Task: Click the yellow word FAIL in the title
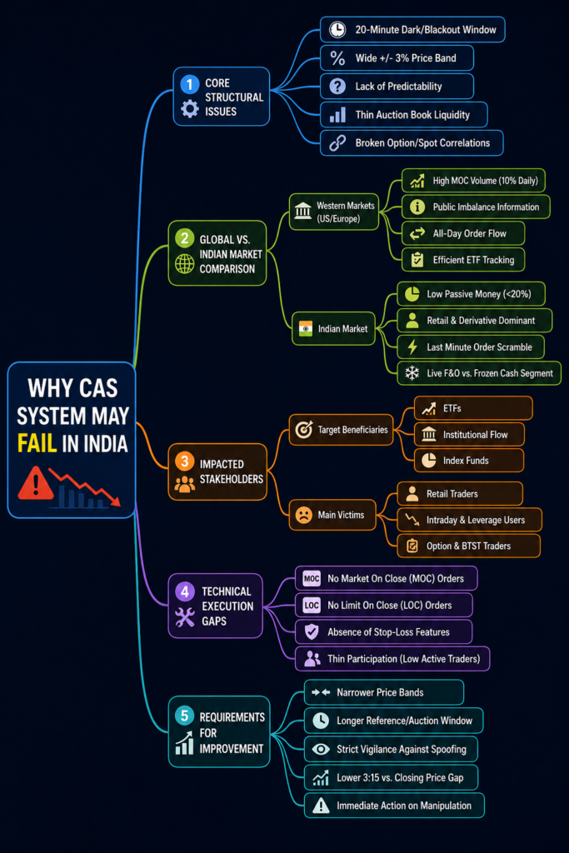(x=37, y=443)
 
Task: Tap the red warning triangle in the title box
(x=36, y=483)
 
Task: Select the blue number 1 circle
(x=189, y=84)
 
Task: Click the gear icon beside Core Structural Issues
(x=189, y=109)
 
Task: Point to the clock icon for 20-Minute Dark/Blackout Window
(x=337, y=29)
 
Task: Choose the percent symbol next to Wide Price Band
(x=337, y=57)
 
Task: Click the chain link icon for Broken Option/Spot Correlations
(x=337, y=142)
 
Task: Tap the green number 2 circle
(x=184, y=237)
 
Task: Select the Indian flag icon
(x=306, y=328)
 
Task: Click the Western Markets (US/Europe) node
(x=334, y=212)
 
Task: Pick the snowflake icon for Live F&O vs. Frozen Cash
(x=412, y=373)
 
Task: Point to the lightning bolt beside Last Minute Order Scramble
(x=412, y=347)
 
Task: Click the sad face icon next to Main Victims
(x=303, y=515)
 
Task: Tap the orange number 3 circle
(x=184, y=461)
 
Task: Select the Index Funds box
(x=469, y=460)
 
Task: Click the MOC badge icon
(x=312, y=578)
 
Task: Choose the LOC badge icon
(x=312, y=605)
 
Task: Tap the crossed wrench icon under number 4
(x=185, y=617)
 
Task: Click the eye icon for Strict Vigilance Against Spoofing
(x=321, y=749)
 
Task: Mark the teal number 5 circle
(x=184, y=716)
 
